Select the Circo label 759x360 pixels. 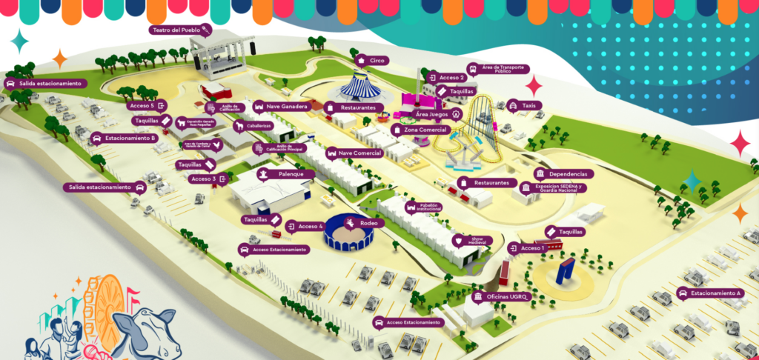372,60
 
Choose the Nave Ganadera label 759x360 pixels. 282,106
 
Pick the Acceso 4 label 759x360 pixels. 305,226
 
